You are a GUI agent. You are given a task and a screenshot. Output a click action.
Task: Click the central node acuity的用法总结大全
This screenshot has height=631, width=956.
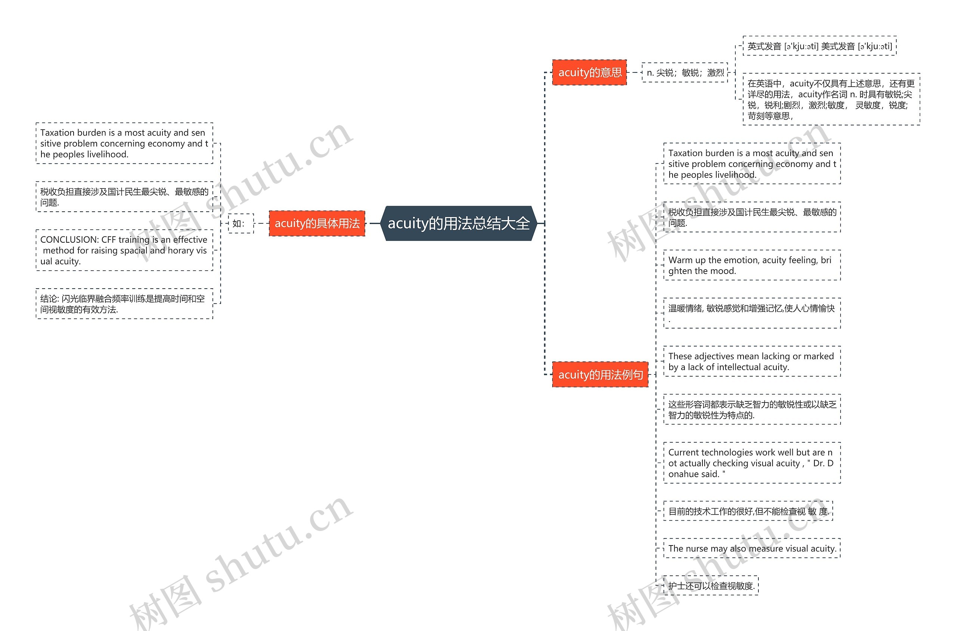coord(459,223)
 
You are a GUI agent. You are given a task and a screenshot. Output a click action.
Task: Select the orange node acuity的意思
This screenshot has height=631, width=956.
coord(589,72)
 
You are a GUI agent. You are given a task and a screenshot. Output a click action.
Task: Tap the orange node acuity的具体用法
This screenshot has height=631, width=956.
coord(317,223)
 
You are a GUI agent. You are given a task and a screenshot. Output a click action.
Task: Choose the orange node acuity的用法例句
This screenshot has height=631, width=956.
coord(600,374)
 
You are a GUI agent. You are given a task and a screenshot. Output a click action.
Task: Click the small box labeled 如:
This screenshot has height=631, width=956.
coord(241,223)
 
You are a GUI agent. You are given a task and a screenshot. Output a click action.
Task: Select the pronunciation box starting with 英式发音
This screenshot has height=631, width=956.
coord(819,46)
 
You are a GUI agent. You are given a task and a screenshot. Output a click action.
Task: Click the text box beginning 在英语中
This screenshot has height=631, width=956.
coord(831,99)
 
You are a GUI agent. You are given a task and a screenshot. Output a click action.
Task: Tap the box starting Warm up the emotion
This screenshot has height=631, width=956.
coord(751,265)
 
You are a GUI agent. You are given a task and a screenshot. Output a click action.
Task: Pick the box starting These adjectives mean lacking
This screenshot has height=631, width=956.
coord(751,361)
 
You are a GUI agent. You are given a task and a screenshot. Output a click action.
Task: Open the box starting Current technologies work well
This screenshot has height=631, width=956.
coord(751,463)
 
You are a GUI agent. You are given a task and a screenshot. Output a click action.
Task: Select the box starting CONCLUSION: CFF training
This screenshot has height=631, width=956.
coord(124,250)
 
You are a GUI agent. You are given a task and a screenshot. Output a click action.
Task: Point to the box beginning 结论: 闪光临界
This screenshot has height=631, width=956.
coord(124,304)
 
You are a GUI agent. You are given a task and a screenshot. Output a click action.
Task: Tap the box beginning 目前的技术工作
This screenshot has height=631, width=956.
coord(748,511)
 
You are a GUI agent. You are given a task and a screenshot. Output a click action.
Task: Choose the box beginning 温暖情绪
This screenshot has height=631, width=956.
coord(751,313)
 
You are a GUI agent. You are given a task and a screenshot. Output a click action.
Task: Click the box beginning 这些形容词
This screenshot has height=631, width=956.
coord(751,409)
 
